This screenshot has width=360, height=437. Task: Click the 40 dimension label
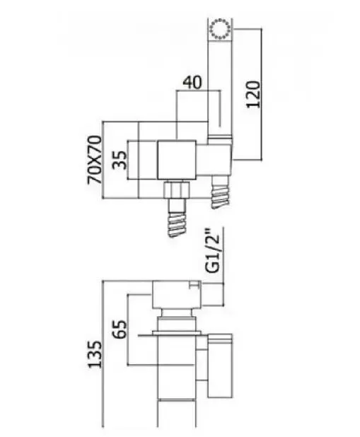pos(192,83)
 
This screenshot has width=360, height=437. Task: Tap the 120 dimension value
pos(253,94)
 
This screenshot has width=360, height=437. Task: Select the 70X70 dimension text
pos(95,159)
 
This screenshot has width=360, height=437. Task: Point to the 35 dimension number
pos(120,160)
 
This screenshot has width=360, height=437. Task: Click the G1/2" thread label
pos(212,251)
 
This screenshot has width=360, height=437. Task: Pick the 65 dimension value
pos(120,329)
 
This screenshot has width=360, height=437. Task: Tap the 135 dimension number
pos(95,354)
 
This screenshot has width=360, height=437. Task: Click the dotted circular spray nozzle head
pos(220,29)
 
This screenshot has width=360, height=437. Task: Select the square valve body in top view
pos(177,160)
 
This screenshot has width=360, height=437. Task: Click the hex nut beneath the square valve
pos(177,190)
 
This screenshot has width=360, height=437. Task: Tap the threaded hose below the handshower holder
pos(221,192)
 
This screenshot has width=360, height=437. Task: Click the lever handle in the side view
pos(220,366)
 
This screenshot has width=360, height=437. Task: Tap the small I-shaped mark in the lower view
pos(194,285)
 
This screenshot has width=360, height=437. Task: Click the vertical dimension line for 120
pos(261,94)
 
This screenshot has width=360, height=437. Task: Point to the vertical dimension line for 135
pos(103,354)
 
